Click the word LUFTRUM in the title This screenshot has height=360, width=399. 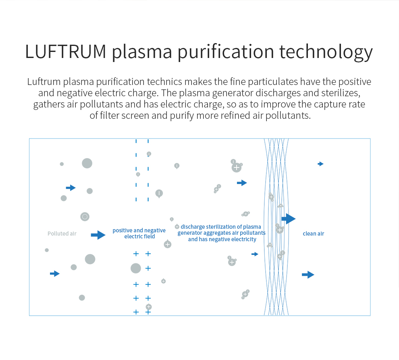coord(66,52)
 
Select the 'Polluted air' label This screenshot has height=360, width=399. coord(62,234)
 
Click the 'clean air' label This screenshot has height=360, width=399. coord(313,234)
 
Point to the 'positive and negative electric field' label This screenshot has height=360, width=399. coord(139,233)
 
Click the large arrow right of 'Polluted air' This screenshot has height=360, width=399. coord(98,235)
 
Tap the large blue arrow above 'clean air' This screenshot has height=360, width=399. coord(289,219)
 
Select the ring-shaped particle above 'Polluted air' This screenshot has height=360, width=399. coord(85,217)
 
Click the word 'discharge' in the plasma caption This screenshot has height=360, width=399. coord(193,227)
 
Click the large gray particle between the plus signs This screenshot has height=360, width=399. coord(136,268)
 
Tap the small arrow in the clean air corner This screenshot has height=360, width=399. coord(320,164)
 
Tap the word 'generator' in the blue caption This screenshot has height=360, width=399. coord(190,233)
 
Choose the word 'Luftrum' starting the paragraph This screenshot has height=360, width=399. coord(43,82)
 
